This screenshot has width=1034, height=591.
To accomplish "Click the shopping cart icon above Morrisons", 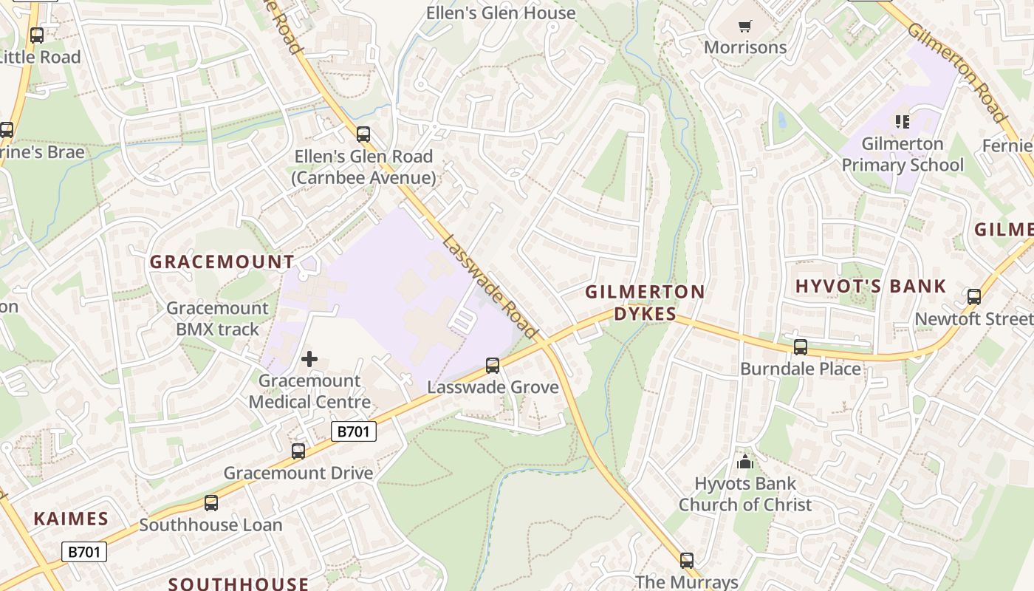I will (x=744, y=27).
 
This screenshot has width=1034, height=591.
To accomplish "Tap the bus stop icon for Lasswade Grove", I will (x=493, y=365).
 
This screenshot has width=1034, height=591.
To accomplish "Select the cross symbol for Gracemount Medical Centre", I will (x=309, y=360).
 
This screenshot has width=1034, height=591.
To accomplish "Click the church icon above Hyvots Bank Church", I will (x=744, y=462).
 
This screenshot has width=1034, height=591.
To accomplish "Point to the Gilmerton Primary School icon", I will (x=902, y=121).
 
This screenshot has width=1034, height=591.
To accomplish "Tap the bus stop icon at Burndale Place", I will (x=800, y=347).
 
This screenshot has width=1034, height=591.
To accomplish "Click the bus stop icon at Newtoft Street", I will (x=974, y=297).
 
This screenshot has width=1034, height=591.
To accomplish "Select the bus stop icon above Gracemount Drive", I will (x=298, y=451).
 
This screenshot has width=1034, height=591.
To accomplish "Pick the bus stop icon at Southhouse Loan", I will (x=211, y=503).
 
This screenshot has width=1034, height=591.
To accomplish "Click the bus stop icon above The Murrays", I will (x=687, y=561).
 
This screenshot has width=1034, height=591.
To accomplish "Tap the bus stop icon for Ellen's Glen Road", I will (x=363, y=134).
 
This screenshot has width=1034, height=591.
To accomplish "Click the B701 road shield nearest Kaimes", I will (x=83, y=551).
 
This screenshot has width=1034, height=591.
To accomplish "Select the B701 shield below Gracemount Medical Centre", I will (x=354, y=431).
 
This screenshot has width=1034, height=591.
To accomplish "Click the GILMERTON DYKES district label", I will (x=645, y=303).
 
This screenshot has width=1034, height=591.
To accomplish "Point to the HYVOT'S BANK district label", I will (x=870, y=287).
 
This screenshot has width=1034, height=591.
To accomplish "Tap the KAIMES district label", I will (x=71, y=519).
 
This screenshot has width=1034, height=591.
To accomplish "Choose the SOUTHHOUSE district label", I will (x=239, y=584).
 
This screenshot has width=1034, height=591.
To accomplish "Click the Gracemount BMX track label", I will (x=217, y=318).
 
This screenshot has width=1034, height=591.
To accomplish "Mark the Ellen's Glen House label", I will (x=501, y=13).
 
